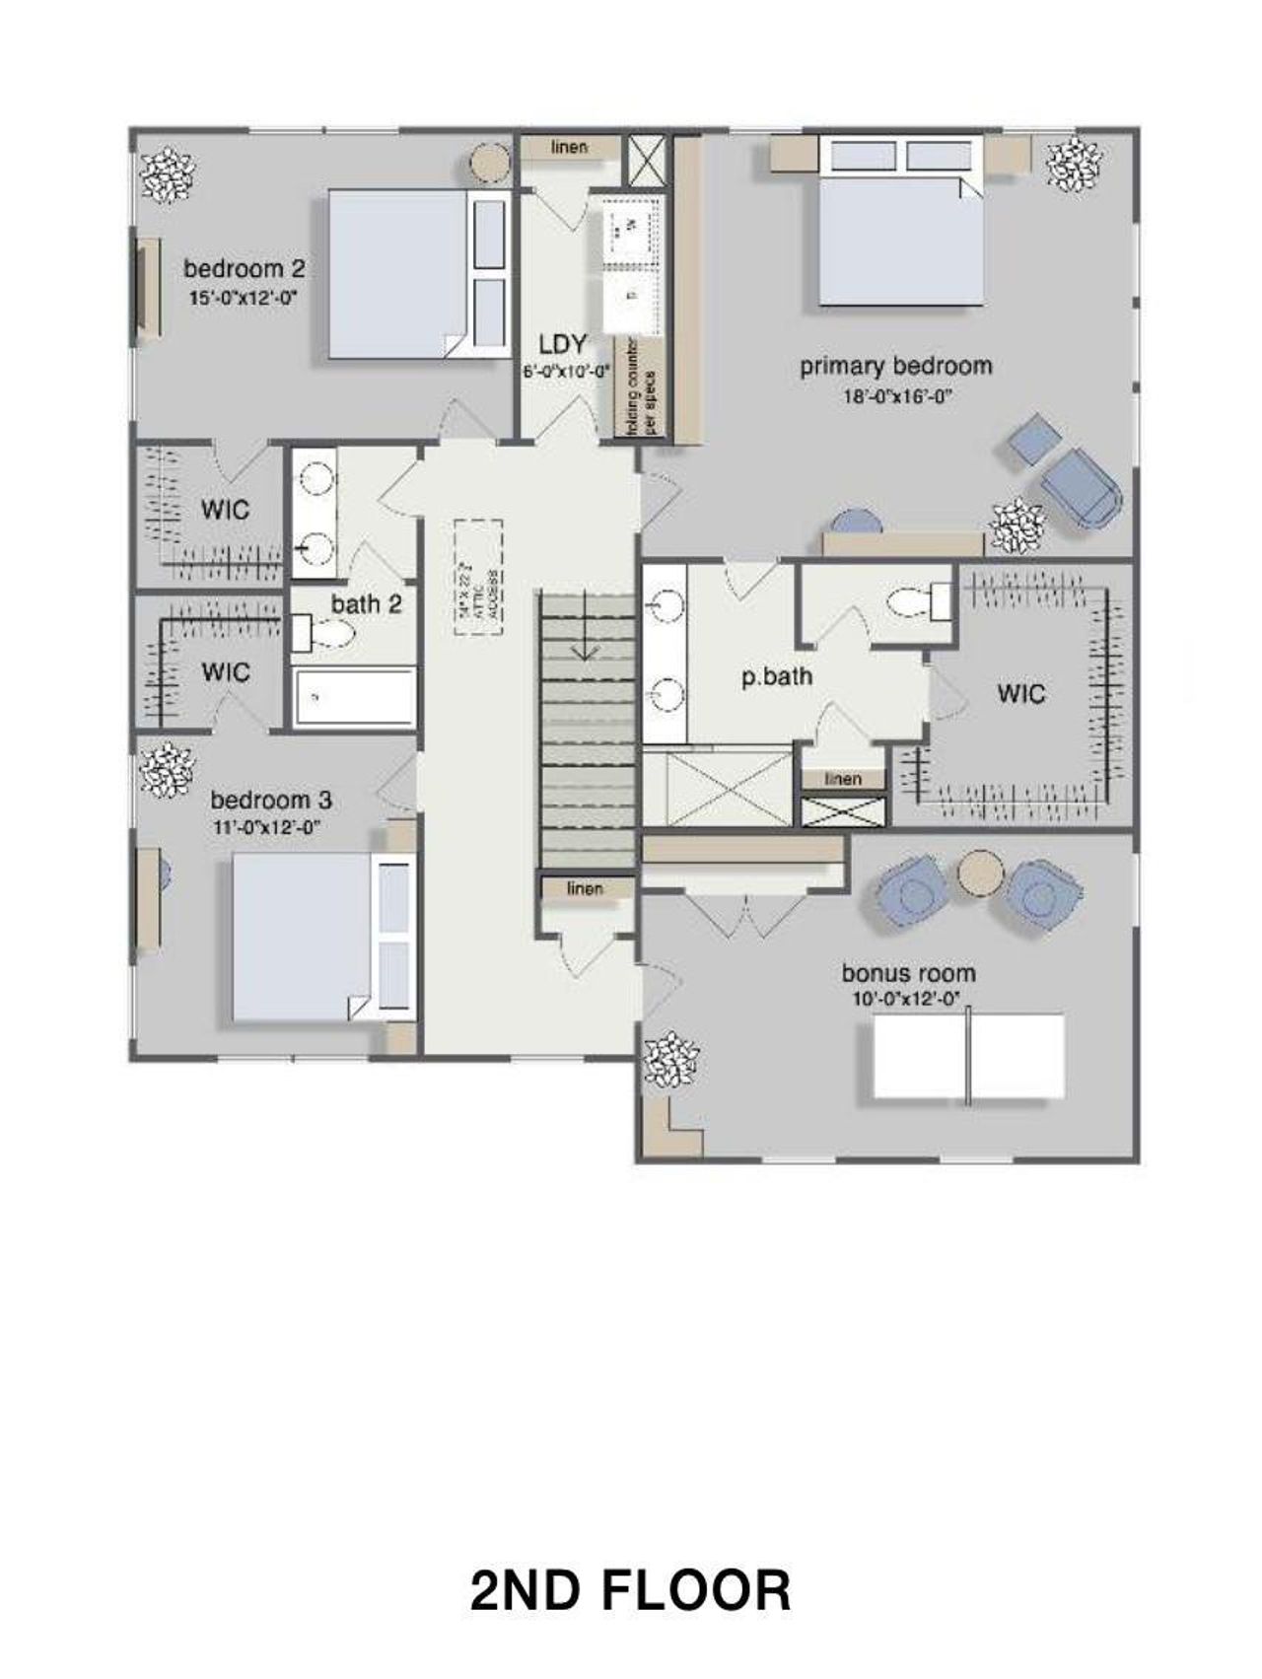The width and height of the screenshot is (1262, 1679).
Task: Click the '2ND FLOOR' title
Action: coord(630,1590)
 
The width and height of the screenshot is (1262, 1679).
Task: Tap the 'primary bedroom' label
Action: coord(895,367)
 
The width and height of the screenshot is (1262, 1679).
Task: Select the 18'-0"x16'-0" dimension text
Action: coord(895,397)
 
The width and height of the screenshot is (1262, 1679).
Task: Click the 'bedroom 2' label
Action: coord(244,268)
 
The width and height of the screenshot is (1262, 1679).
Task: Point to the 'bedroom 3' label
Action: coord(270,800)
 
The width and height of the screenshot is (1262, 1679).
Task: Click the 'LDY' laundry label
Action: coord(563,345)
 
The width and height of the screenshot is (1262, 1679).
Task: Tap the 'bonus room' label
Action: coord(908,973)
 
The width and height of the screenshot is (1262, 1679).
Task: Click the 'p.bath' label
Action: coord(777,676)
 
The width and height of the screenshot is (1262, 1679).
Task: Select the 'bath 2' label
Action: coord(366,604)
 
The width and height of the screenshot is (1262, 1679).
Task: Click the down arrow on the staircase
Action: coord(587,641)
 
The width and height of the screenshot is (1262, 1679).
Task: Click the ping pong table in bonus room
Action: coord(968,1057)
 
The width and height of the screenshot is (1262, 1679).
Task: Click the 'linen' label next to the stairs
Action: coord(585,888)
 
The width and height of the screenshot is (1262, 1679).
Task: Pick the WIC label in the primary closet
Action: coord(1020,693)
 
